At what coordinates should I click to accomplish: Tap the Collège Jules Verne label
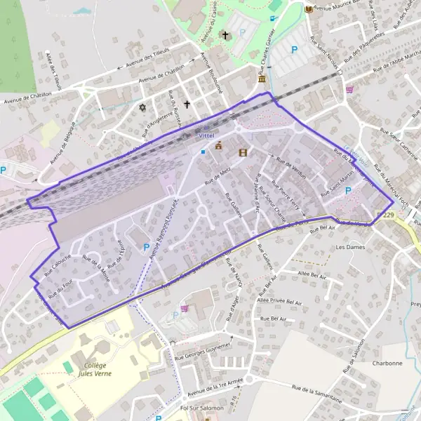95,369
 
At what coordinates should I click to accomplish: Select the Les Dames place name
351,248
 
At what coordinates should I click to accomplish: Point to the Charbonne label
387,363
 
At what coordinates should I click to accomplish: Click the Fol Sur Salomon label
201,408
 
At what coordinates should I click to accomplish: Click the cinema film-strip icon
243,152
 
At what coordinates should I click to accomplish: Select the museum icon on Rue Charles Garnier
262,78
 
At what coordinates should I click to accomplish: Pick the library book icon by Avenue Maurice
308,8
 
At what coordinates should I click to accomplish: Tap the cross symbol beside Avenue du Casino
225,34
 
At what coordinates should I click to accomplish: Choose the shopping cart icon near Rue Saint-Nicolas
349,90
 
